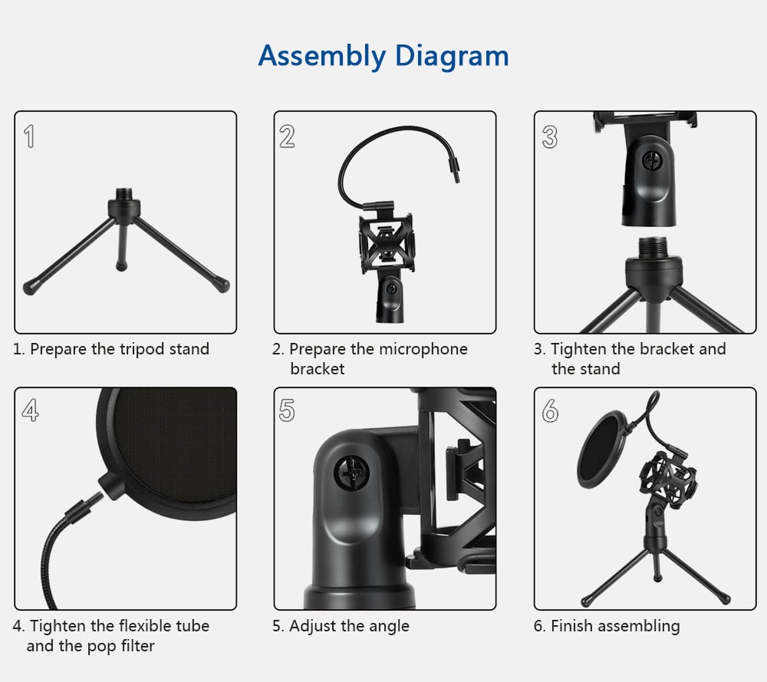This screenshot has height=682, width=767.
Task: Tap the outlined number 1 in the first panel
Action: (x=29, y=137)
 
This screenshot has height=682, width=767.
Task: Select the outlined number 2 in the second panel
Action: (x=287, y=137)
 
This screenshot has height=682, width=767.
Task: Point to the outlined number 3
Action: (x=549, y=137)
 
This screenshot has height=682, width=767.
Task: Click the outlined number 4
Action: (x=30, y=411)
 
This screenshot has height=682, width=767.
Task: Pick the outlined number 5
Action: (x=287, y=411)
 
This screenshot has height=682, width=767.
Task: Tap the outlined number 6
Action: (x=549, y=411)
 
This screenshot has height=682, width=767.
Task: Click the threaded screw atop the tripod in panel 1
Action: (x=124, y=195)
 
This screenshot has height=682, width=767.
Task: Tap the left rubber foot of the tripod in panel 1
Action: (x=31, y=288)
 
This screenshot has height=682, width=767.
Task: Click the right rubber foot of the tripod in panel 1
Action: (x=222, y=285)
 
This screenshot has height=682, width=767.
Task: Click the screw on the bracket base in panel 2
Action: (x=391, y=290)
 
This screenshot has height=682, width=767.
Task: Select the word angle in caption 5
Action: (x=389, y=627)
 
